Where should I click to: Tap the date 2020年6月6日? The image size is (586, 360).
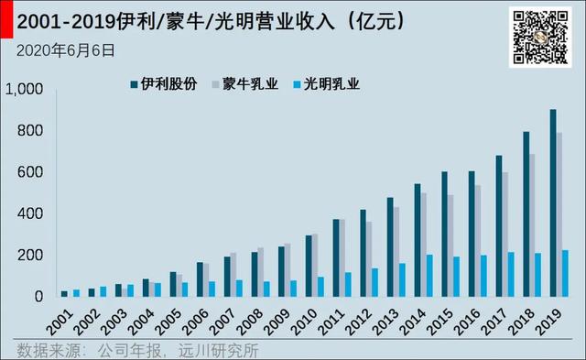pyautogui.click(x=66, y=51)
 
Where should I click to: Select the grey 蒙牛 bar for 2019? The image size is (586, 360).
pyautogui.click(x=559, y=215)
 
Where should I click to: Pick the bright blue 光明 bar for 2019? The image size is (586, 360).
pyautogui.click(x=566, y=273)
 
